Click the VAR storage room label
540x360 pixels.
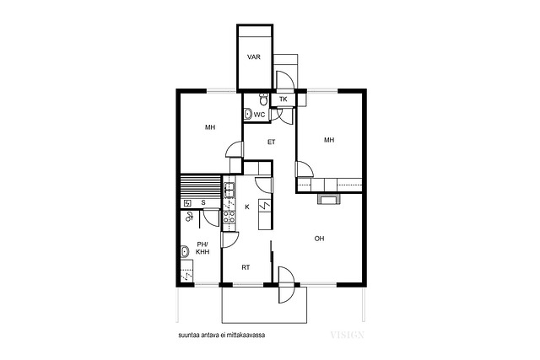[x=254, y=57]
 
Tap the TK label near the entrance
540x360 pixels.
[x=283, y=99]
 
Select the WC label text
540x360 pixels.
[x=259, y=115]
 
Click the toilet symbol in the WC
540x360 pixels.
[x=263, y=99]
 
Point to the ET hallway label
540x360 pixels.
[x=272, y=142]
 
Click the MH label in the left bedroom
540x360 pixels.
[x=210, y=127]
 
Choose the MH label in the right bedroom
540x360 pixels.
[x=329, y=140]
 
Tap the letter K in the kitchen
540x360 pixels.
[x=247, y=207]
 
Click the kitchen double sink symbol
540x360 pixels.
[x=229, y=190]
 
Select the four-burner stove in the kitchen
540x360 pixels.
[x=229, y=217]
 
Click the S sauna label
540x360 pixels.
[x=203, y=203]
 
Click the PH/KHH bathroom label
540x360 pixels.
[x=202, y=248]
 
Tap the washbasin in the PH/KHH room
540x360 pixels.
[x=185, y=251]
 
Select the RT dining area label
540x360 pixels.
[x=246, y=267]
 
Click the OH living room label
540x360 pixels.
[x=319, y=239]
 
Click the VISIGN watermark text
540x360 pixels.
[x=347, y=335]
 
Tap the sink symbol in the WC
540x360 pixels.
[x=247, y=114]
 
